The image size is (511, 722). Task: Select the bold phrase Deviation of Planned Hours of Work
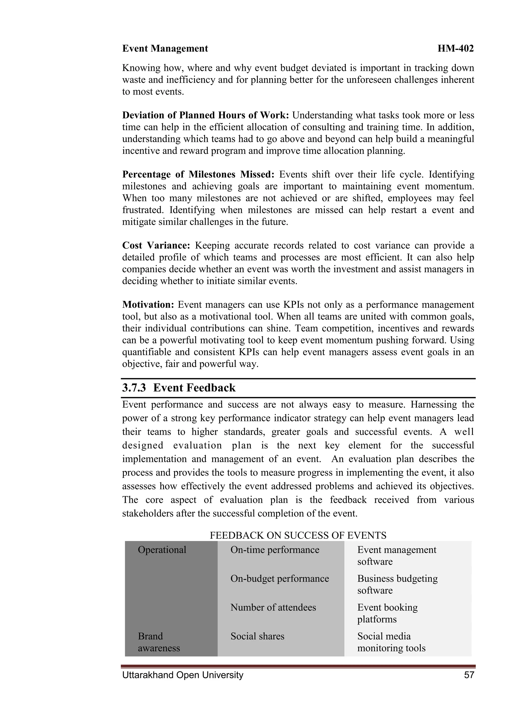pyautogui.click(x=205, y=115)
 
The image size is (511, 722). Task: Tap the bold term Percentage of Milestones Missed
pyautogui.click(x=198, y=174)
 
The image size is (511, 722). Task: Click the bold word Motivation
pyautogui.click(x=148, y=304)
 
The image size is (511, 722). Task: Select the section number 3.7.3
pyautogui.click(x=134, y=388)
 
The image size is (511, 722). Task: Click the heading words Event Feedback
pyautogui.click(x=194, y=388)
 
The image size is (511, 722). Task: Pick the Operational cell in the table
pyautogui.click(x=162, y=550)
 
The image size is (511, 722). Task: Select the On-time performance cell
pyautogui.click(x=275, y=550)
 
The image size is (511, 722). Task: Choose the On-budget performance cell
pyautogui.click(x=279, y=579)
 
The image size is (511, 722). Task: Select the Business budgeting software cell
pyautogui.click(x=397, y=584)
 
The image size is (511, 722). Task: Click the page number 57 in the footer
pyautogui.click(x=469, y=675)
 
